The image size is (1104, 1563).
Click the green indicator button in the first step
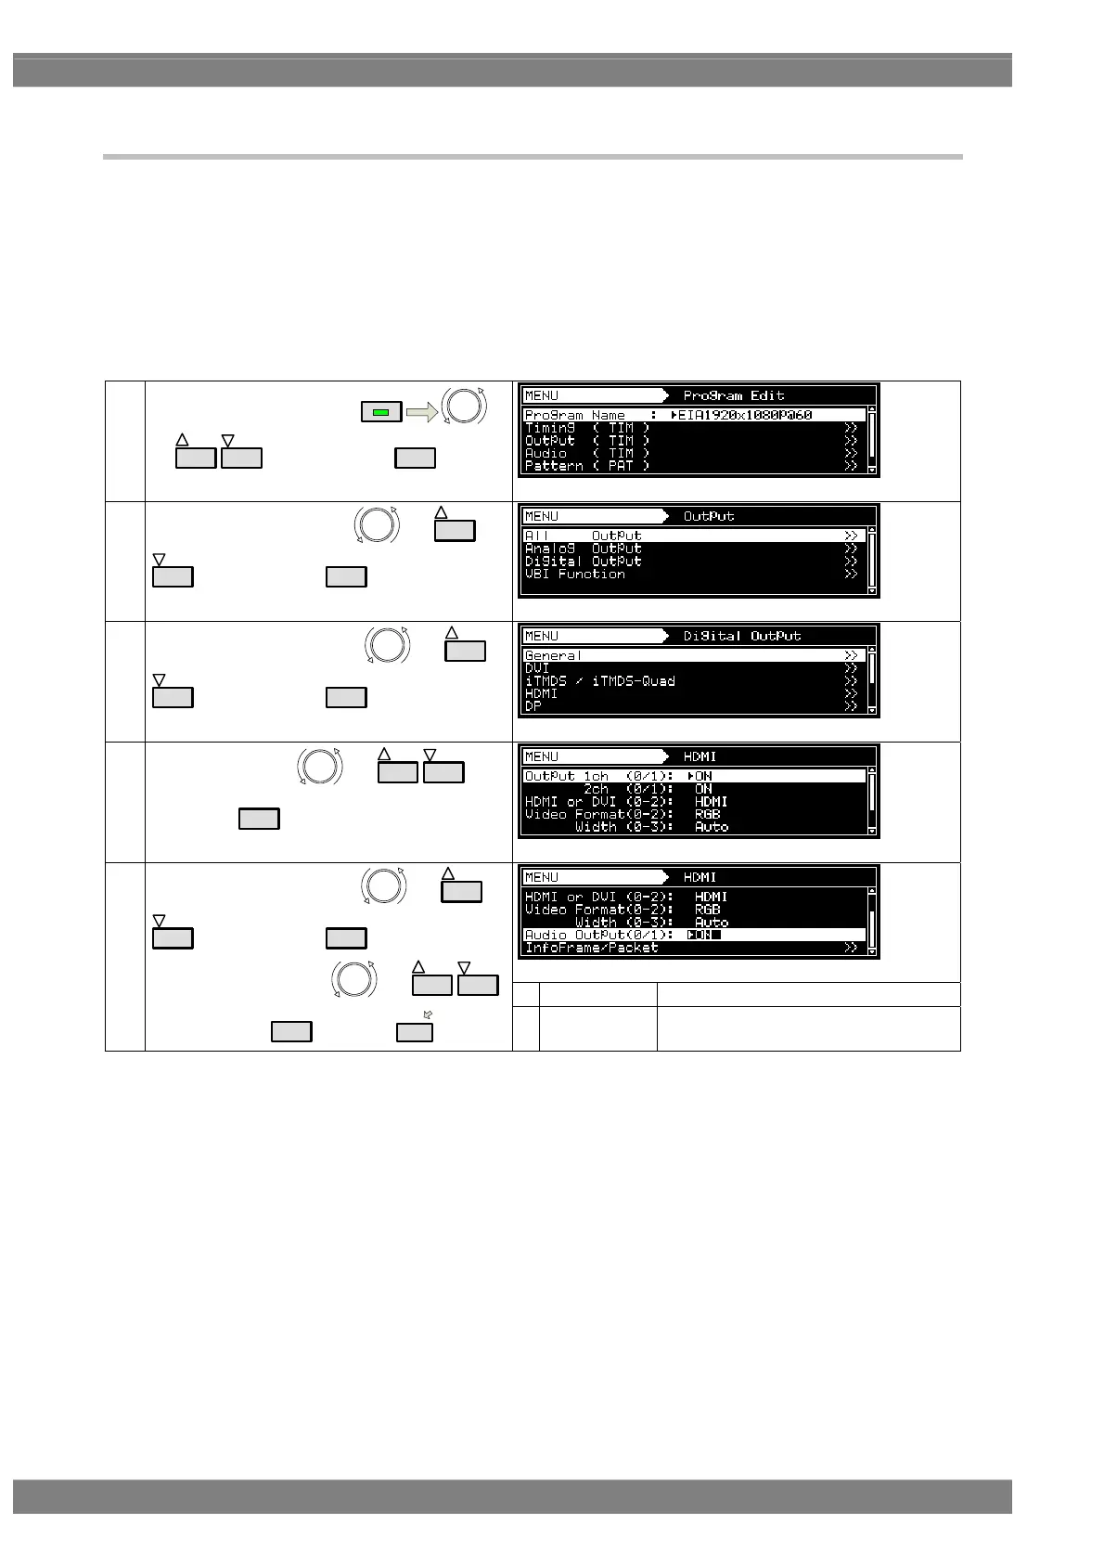(380, 411)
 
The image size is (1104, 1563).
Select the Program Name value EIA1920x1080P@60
(745, 415)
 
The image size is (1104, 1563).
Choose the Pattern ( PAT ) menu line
(586, 466)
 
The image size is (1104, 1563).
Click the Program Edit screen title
(733, 395)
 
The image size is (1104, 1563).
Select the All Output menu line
(584, 536)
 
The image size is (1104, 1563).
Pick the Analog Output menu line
(584, 549)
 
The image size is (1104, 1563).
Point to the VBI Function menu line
(575, 575)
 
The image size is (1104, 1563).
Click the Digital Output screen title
(742, 636)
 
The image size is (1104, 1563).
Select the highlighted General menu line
(554, 655)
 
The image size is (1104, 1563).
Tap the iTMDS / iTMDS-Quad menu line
(600, 681)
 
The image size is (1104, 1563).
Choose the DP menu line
(533, 706)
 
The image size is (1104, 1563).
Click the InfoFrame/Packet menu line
(592, 948)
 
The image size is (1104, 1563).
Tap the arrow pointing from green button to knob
(421, 412)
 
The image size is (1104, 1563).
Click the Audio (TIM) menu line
(586, 453)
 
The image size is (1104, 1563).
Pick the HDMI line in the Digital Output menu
(542, 693)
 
